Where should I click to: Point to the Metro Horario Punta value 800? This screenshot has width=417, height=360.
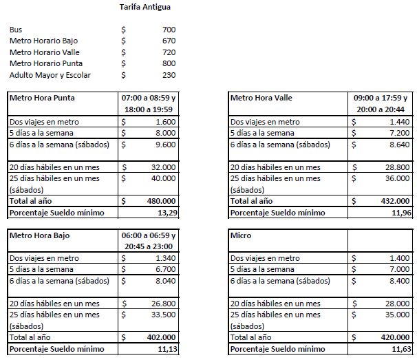169,63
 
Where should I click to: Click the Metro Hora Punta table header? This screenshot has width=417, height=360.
42,98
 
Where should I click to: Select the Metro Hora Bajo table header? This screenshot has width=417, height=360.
39,235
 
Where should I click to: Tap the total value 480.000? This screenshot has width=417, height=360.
160,201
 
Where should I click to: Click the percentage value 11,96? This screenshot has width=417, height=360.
400,212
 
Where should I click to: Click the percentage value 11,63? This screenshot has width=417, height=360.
400,350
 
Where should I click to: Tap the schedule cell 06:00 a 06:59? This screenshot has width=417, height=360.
149,235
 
